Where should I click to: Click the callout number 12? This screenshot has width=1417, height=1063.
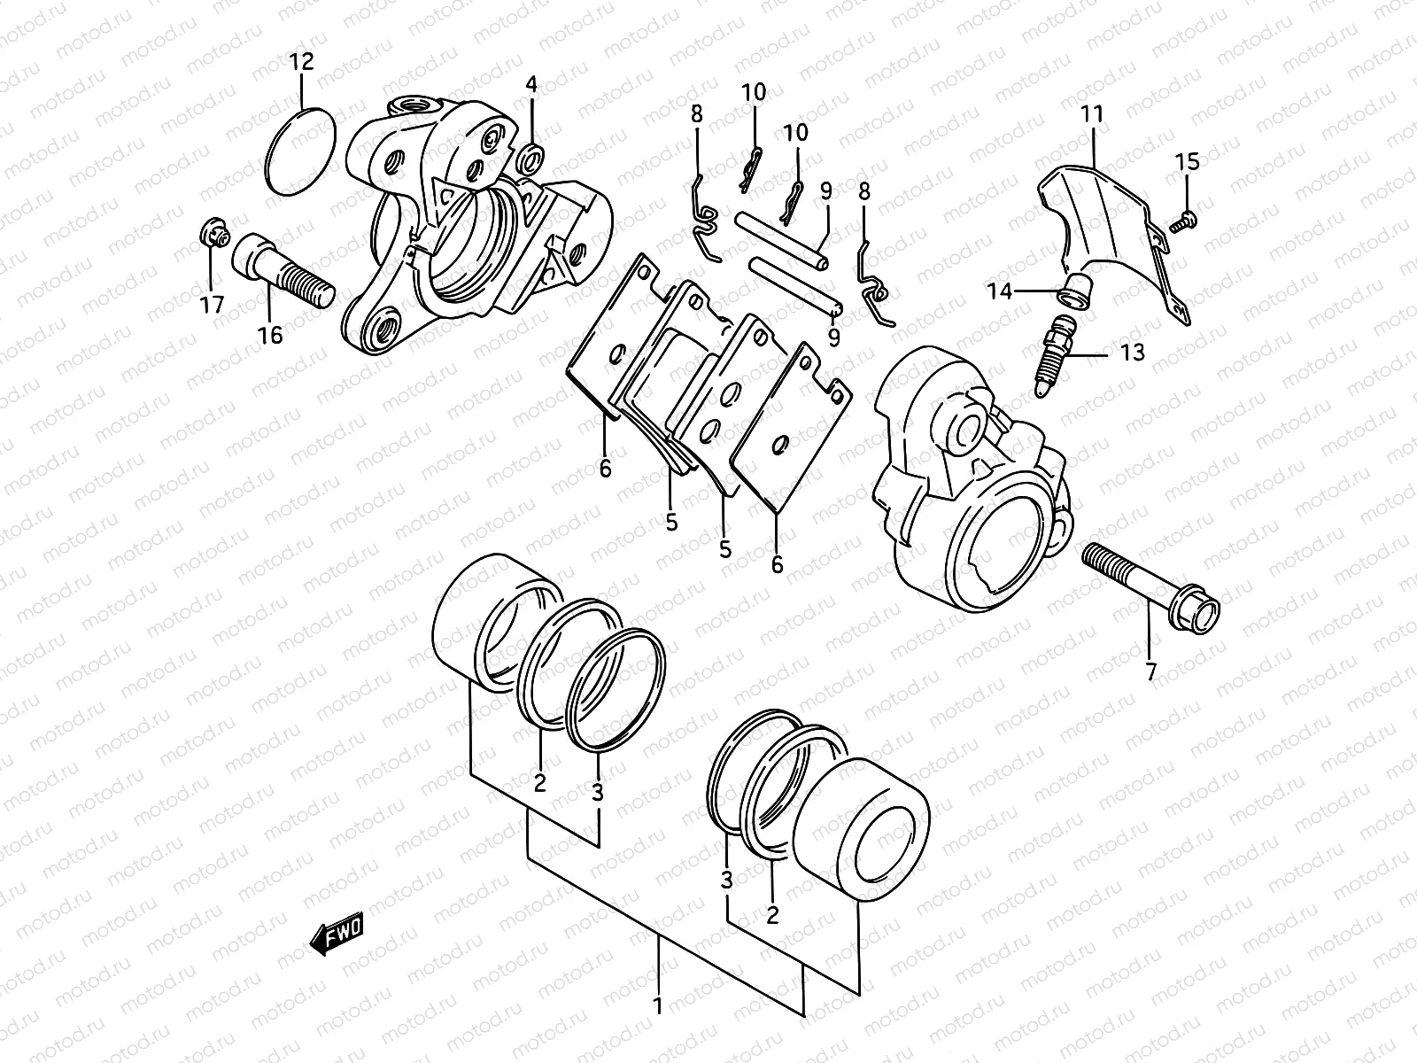(301, 62)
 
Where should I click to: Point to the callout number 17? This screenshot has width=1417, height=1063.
(212, 305)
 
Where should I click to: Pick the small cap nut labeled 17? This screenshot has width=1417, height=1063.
(213, 235)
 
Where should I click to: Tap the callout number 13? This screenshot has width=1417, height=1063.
(1132, 353)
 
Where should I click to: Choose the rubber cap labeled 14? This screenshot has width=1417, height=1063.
(1076, 291)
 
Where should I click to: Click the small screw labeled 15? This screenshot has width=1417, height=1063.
(1183, 221)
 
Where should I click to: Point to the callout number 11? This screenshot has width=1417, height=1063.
(1091, 113)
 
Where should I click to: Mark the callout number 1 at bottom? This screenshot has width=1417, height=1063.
(657, 1005)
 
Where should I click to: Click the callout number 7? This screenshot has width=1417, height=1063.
(1150, 672)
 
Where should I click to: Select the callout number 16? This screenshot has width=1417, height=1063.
(270, 335)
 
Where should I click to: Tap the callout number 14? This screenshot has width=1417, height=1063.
(1000, 291)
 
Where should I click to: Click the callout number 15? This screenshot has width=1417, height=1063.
(1187, 161)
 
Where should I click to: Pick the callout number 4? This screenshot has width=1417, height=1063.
(530, 85)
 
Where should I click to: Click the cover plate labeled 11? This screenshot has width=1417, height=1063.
(1107, 221)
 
